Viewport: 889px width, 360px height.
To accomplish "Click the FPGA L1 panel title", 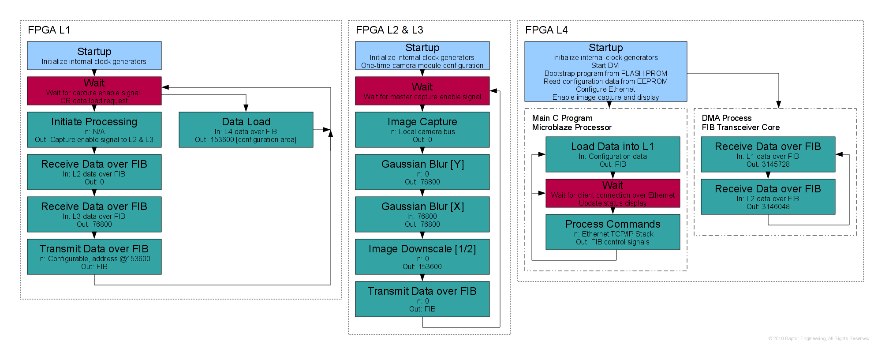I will pos(49,30).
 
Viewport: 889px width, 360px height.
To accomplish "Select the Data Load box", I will pos(246,130).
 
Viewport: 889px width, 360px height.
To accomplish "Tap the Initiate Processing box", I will pos(94,130).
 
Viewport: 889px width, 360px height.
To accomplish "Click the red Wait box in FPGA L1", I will pos(94,91).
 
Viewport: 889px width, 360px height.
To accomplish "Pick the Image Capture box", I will pos(422,130).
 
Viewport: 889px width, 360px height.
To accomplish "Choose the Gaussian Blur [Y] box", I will pos(422,172).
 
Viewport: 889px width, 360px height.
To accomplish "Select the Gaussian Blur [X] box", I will pos(422,214).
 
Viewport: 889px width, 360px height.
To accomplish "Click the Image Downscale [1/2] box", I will pos(422,257).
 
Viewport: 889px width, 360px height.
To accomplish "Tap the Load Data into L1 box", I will pos(613,154).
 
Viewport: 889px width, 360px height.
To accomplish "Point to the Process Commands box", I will pos(613,232).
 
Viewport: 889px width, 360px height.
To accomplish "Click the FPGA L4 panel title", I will pos(546,30).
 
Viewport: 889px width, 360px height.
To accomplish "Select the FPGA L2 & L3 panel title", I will pos(389,30).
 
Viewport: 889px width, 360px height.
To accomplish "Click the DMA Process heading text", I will pos(726,118).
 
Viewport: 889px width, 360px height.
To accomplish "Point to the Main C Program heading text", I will pos(562,118).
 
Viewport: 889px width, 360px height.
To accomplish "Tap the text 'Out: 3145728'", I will pos(768,165).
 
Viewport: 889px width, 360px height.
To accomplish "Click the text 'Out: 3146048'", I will pos(768,207).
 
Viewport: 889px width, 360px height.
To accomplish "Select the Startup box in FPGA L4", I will pos(605,71).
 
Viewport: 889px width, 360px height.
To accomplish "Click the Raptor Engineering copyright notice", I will pos(818,338).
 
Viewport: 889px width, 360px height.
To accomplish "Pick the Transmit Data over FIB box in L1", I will pos(94,257).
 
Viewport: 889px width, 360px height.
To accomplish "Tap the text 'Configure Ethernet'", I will pos(605,90).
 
